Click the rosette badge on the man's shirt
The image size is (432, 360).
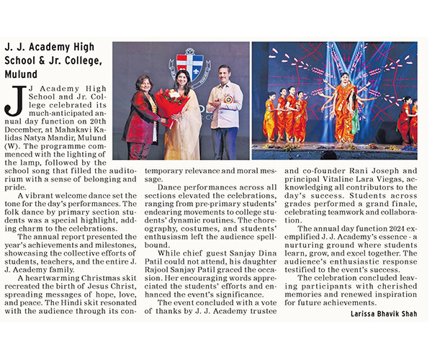[x=228, y=99]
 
